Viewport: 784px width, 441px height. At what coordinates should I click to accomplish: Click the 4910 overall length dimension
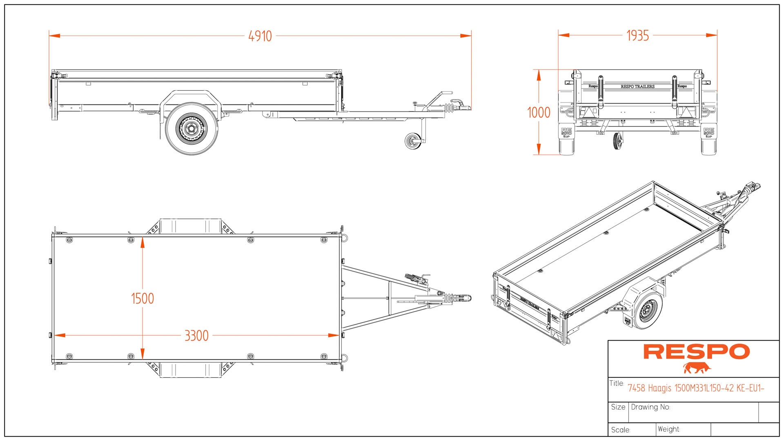coord(260,36)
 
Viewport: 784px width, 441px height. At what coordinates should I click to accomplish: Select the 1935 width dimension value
coord(637,36)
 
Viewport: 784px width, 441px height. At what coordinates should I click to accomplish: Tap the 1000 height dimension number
coord(539,112)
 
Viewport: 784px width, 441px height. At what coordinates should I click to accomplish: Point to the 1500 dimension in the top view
coord(142,298)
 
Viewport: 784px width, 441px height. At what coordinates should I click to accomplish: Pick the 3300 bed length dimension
coord(196,336)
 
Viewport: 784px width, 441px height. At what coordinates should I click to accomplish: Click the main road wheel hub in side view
coord(191,129)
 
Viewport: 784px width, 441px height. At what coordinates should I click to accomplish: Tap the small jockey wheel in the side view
coord(413,141)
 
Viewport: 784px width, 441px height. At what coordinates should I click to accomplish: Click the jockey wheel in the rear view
coord(618,141)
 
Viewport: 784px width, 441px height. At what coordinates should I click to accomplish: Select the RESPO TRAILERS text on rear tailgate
coord(637,87)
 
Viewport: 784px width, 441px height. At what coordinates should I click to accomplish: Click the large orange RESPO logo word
coord(697,352)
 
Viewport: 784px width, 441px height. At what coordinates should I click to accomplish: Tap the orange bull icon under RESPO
coord(697,368)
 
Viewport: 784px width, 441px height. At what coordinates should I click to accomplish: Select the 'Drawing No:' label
coord(650,407)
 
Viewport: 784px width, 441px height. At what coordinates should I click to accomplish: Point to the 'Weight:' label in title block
coord(669,429)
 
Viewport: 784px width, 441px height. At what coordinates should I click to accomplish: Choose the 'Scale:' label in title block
coord(621,430)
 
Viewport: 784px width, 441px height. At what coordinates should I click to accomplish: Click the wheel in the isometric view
coord(648,311)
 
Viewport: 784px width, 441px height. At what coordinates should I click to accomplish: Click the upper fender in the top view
coord(190,226)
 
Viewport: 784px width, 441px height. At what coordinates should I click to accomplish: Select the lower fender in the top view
coord(190,370)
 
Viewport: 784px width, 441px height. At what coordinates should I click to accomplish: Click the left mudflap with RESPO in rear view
coord(566,132)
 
